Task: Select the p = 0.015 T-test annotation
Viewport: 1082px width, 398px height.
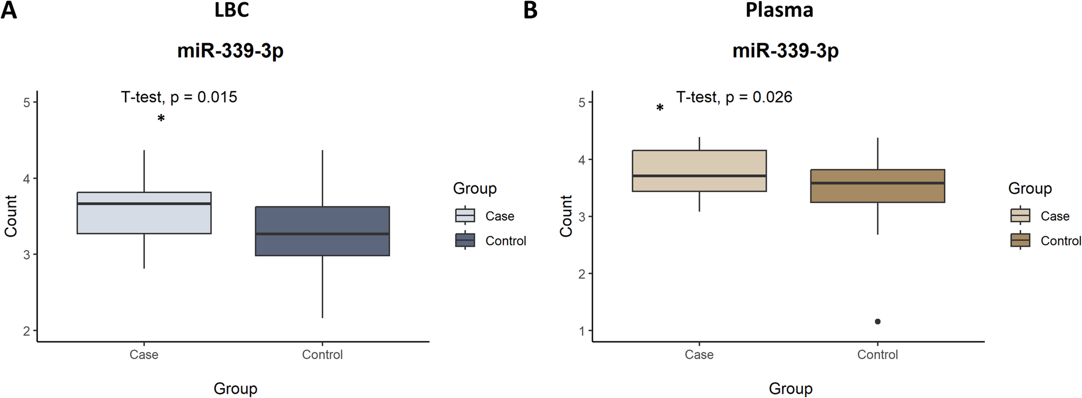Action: point(179,97)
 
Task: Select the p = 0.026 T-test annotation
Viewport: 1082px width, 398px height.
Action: point(734,97)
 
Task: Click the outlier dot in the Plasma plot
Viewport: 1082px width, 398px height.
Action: point(878,321)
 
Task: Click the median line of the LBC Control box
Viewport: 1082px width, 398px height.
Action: point(322,234)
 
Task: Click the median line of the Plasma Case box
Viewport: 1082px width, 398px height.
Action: point(699,176)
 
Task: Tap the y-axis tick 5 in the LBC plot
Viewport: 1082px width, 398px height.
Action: point(27,102)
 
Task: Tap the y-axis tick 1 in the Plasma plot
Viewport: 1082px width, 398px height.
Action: point(582,331)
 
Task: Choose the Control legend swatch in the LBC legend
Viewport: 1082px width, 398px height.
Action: point(465,241)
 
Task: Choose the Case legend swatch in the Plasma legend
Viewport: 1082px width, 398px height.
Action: point(1020,216)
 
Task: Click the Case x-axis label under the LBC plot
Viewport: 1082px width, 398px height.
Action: point(144,355)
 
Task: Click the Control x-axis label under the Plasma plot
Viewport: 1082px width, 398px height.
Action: point(877,355)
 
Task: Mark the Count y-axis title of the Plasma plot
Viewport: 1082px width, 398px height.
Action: point(566,216)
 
